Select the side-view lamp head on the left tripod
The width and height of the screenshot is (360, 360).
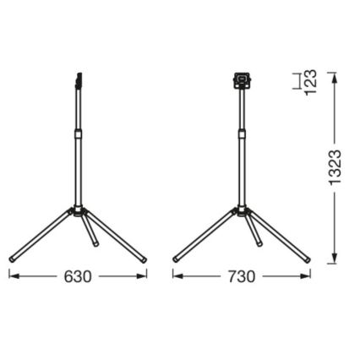pos(78,82)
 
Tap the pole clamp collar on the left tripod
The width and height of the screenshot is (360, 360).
pos(78,134)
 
